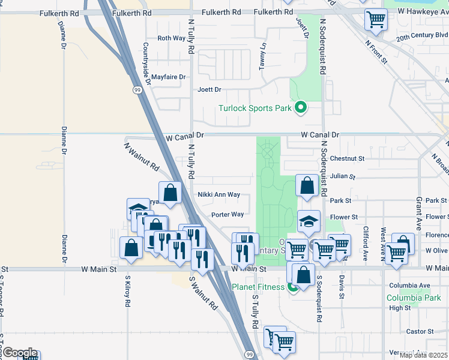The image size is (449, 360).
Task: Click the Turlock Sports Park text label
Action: pyautogui.click(x=255, y=109)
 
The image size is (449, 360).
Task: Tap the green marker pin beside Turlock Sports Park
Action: pyautogui.click(x=301, y=108)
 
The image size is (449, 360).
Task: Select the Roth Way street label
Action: pyautogui.click(x=171, y=38)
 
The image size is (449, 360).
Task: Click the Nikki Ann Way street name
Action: pyautogui.click(x=219, y=195)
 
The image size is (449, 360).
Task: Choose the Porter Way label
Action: pyautogui.click(x=228, y=214)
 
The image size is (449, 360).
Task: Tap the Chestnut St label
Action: pyautogui.click(x=348, y=159)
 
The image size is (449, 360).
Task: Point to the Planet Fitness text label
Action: pyautogui.click(x=258, y=287)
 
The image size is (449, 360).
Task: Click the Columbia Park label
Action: pyautogui.click(x=414, y=298)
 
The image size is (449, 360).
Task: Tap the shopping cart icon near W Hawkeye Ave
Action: pyautogui.click(x=376, y=20)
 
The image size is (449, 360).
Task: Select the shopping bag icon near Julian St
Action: pyautogui.click(x=307, y=187)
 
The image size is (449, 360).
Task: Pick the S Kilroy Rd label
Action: pyautogui.click(x=128, y=292)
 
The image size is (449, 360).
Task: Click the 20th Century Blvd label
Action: pyautogui.click(x=422, y=35)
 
